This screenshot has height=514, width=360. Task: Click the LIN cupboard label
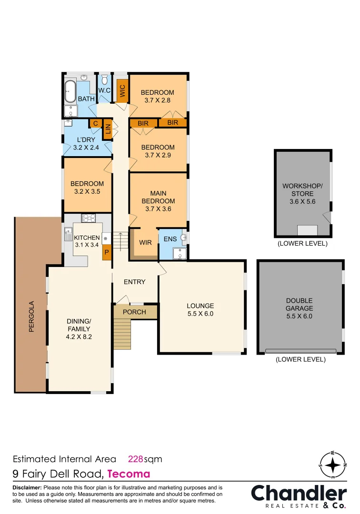coord(108,128)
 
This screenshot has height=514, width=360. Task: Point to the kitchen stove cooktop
coord(89,218)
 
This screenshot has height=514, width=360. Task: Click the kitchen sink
coord(68,236)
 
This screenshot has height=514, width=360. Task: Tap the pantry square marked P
coord(106,252)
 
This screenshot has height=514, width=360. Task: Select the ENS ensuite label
coord(170,239)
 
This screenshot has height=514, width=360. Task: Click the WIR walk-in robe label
coord(145,242)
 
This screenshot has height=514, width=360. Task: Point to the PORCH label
coord(134,312)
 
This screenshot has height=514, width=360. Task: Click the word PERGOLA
coord(31,316)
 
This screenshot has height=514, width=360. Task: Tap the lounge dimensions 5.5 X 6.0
coord(200,314)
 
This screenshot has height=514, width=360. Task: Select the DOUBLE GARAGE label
coord(299,305)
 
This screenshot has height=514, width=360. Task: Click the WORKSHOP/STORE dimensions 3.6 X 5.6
coord(302,201)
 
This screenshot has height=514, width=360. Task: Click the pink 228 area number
coord(136,459)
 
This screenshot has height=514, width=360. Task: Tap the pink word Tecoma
coord(129,474)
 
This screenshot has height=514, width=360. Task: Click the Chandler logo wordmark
coord(299,493)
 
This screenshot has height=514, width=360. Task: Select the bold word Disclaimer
coord(27,488)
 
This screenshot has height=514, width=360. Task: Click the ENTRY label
coord(134,282)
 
